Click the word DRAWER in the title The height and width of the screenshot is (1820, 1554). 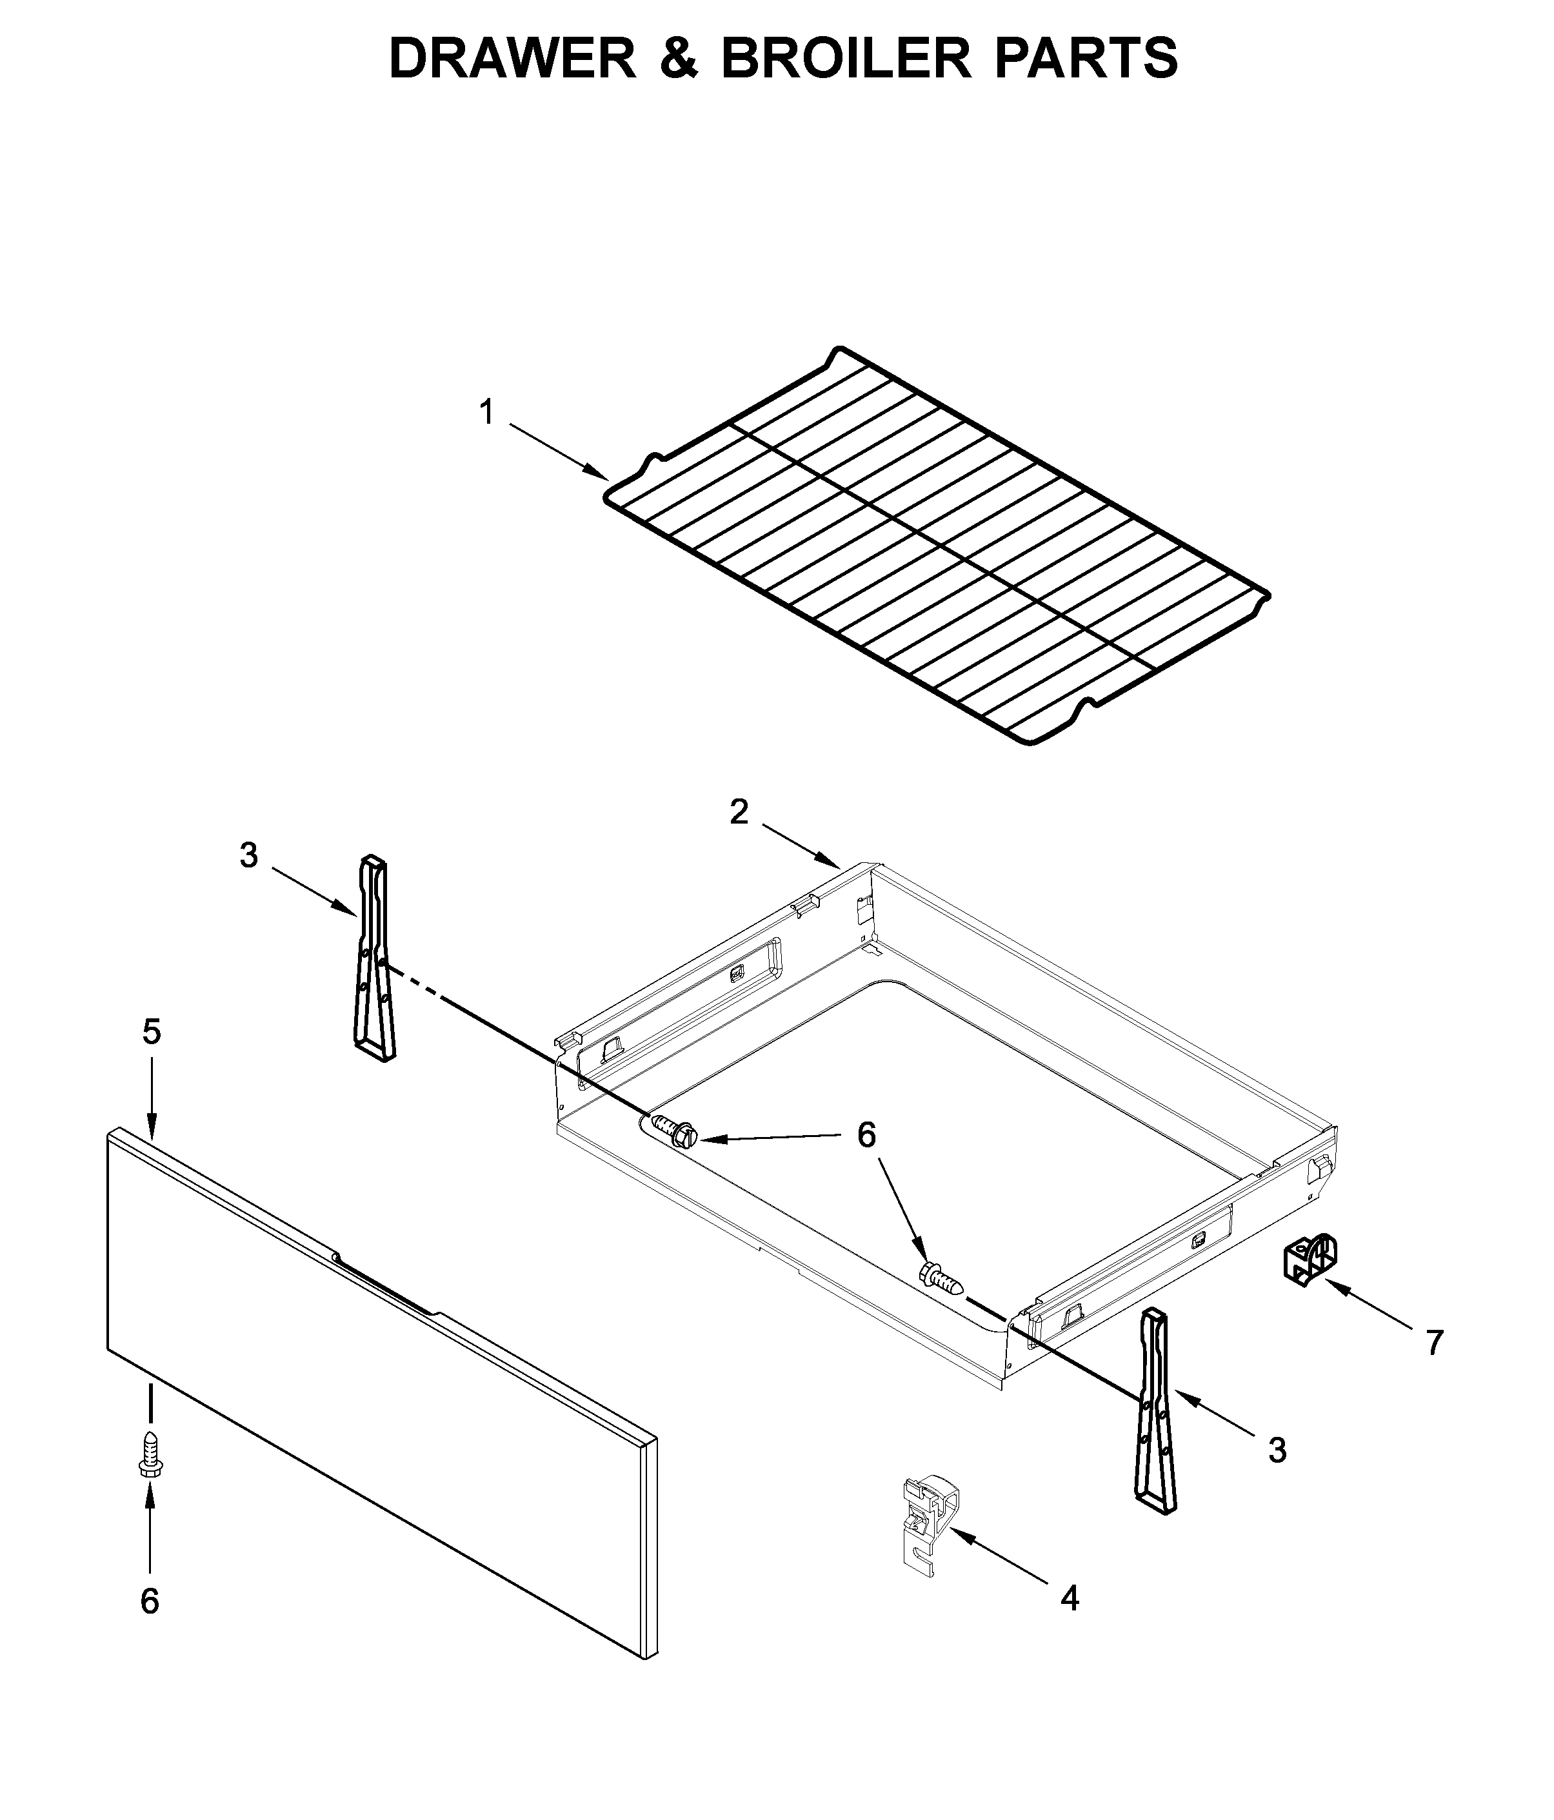(512, 59)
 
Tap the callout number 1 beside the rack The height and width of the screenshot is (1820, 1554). (486, 412)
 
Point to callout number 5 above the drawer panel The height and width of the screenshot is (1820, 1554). (152, 1032)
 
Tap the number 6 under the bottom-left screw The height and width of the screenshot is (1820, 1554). (150, 1601)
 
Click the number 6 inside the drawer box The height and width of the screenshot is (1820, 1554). (866, 1136)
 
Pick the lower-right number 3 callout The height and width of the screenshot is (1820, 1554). (1277, 1450)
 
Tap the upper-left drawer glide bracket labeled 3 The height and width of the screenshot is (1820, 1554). (374, 960)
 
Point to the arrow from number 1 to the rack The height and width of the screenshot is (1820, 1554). (559, 451)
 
